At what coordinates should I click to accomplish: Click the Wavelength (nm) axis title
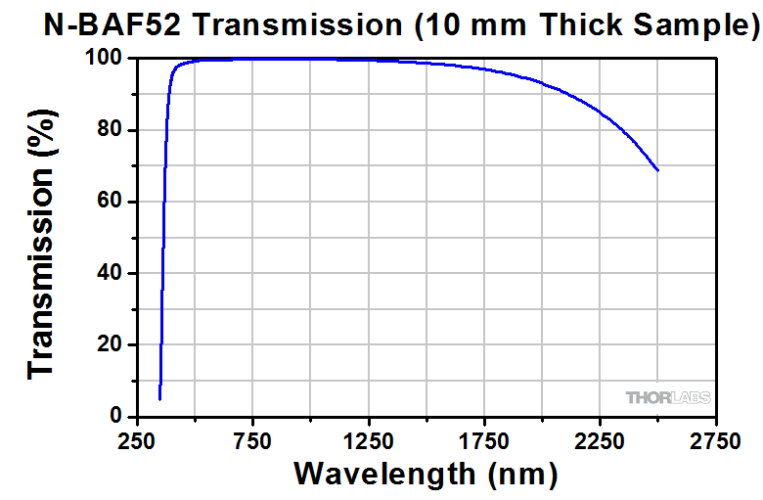(x=426, y=475)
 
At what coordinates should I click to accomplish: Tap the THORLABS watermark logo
(x=668, y=397)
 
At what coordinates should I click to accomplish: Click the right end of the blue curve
(x=658, y=170)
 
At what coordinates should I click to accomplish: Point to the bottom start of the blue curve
(x=159, y=398)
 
